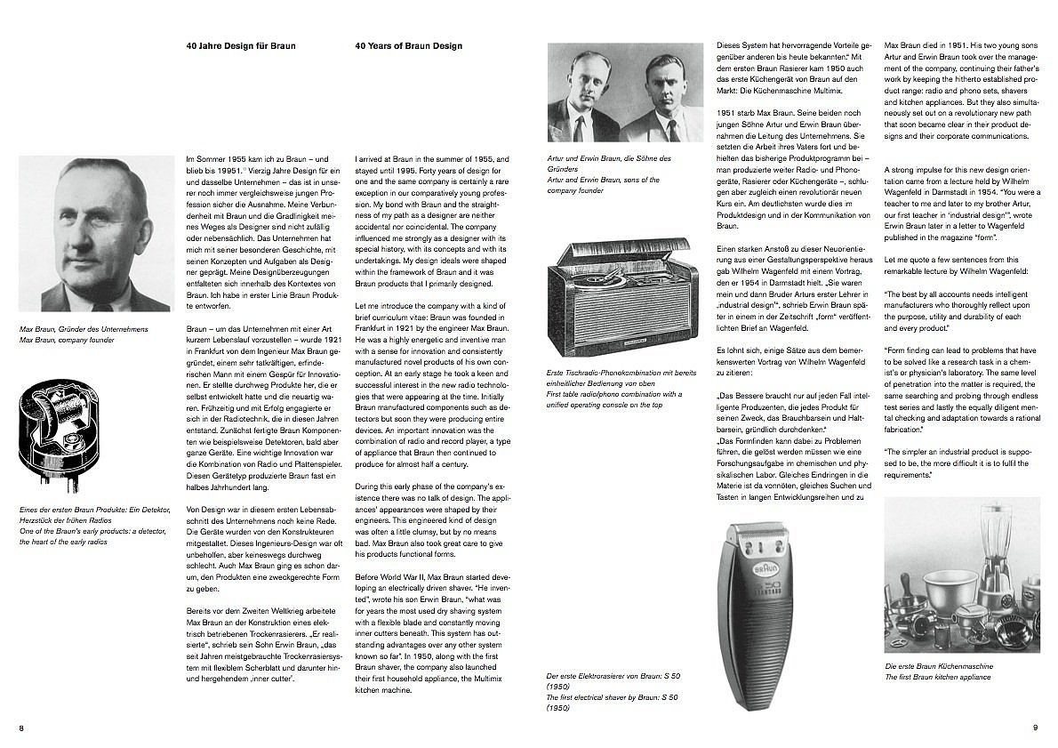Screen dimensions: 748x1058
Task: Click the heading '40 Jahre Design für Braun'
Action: tap(241, 45)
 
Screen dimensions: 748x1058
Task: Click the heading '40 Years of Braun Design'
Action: tap(408, 45)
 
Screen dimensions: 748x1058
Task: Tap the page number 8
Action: tap(21, 728)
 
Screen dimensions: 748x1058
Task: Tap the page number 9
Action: tap(1035, 728)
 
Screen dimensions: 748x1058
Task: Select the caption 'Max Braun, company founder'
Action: tap(67, 340)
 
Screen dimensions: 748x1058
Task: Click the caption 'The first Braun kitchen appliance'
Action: tap(937, 677)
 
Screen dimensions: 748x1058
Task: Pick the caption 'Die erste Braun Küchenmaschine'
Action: tap(939, 666)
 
